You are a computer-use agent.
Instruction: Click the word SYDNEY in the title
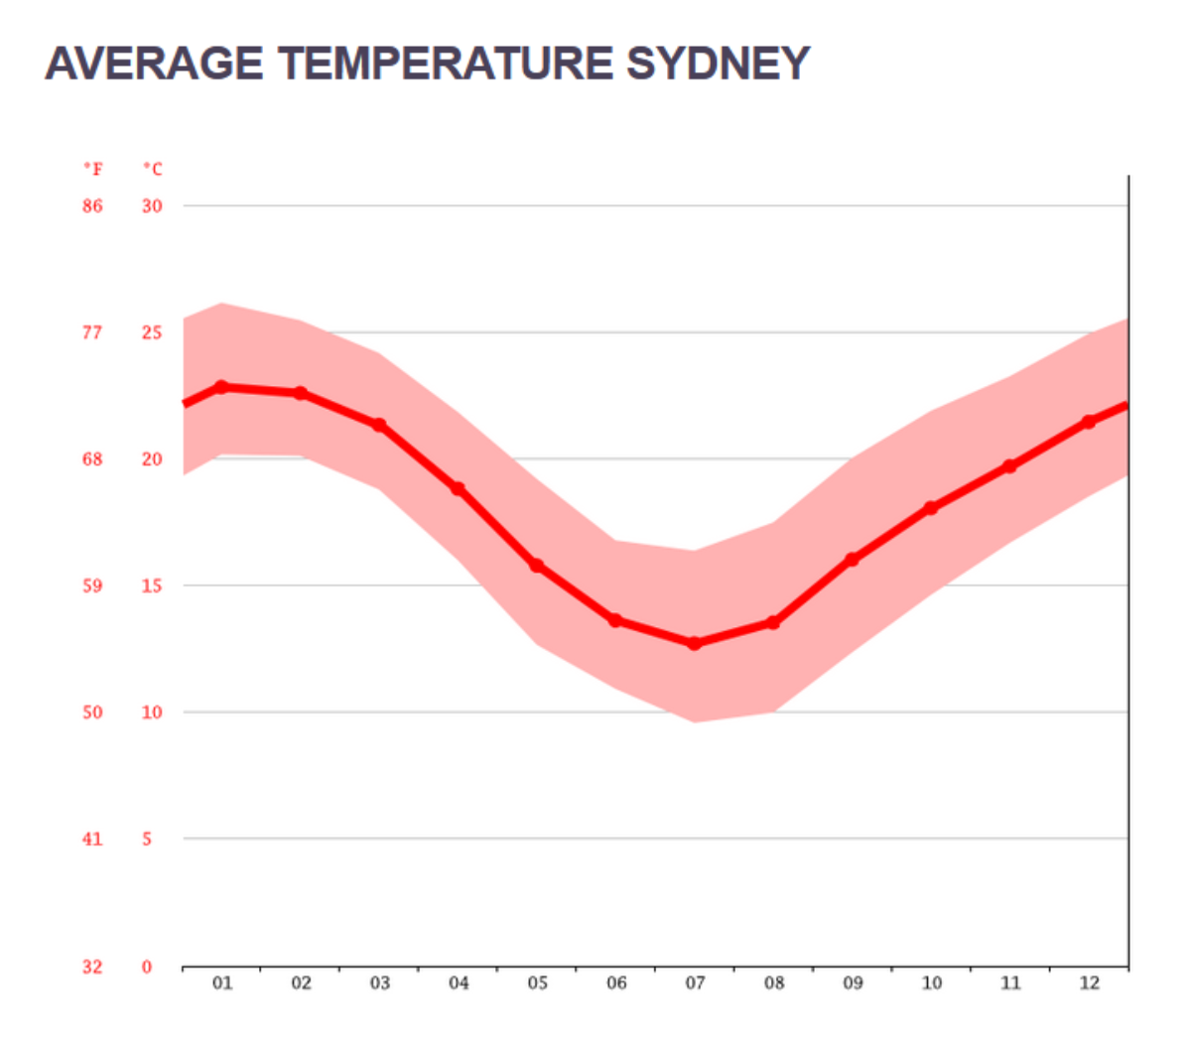click(718, 64)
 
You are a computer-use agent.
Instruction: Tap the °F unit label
click(92, 170)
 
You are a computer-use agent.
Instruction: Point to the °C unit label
click(152, 170)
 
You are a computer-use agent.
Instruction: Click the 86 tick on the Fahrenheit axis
click(92, 206)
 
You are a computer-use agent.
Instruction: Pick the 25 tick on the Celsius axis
click(152, 332)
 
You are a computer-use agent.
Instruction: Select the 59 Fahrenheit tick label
click(92, 585)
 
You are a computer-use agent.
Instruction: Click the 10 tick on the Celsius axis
click(152, 713)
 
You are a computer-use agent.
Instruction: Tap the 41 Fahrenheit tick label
click(92, 840)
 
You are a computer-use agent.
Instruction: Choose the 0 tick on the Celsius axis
click(147, 967)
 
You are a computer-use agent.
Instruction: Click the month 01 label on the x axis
click(222, 983)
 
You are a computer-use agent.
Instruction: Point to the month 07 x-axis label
click(695, 983)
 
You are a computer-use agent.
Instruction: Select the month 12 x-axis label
click(1089, 983)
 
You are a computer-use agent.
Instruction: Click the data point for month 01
click(222, 387)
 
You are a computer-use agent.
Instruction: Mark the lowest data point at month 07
click(695, 644)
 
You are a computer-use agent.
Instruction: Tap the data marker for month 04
click(459, 489)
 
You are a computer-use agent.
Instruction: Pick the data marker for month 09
click(853, 560)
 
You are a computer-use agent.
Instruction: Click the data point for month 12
click(1089, 422)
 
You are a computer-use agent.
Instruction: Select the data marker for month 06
click(616, 620)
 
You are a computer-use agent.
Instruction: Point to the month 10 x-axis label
click(931, 983)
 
